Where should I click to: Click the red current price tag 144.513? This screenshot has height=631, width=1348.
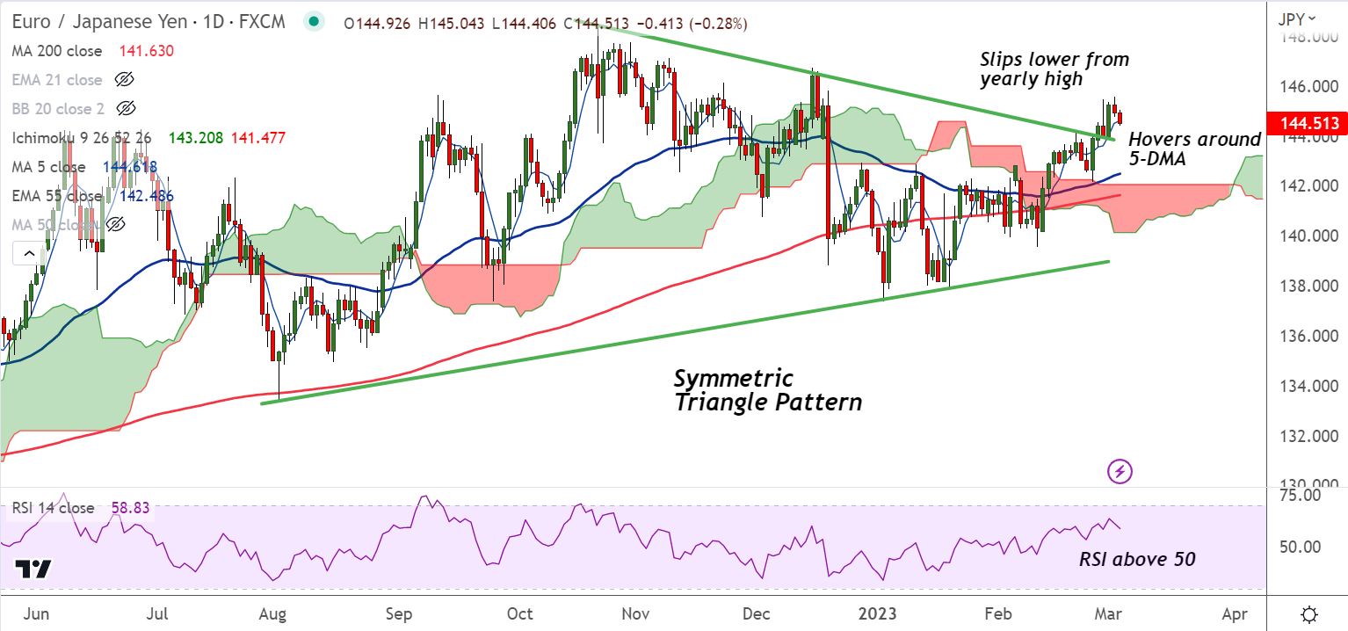point(1304,123)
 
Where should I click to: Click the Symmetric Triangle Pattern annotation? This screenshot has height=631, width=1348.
point(767,391)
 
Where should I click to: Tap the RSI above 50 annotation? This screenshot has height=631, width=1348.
point(1137,559)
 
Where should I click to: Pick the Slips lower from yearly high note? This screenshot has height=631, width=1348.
point(1054,69)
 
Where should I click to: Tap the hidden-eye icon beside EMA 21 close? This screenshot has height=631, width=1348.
point(125,80)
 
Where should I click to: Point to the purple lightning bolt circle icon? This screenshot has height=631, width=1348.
point(1120,472)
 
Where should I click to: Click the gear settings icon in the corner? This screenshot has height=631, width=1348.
point(1308,613)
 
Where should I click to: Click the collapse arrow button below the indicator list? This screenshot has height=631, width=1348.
point(29,254)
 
